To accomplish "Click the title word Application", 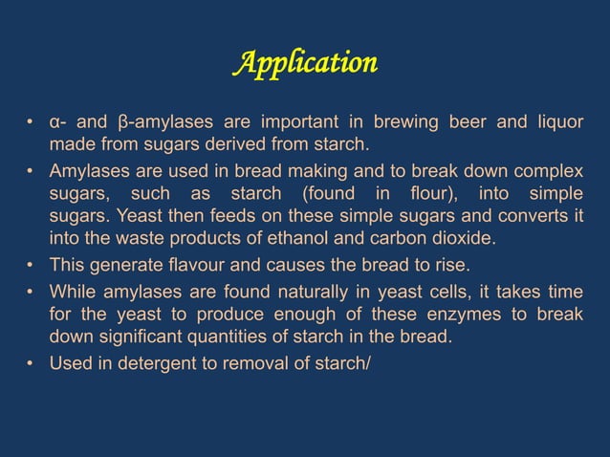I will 305,64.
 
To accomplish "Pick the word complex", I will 545,170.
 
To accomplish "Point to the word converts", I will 533,216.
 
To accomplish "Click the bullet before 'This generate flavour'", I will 32,265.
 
